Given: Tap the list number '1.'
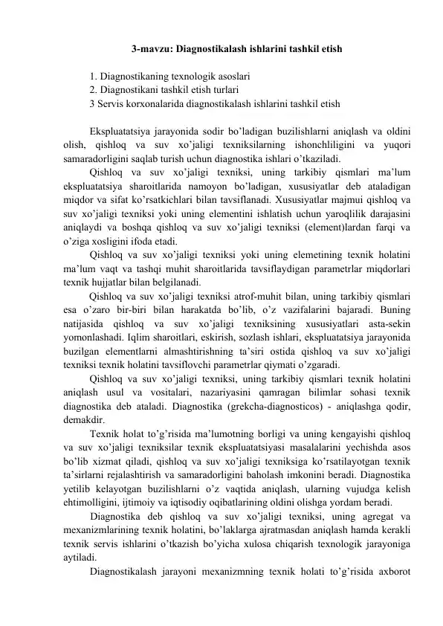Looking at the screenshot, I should (93, 77).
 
